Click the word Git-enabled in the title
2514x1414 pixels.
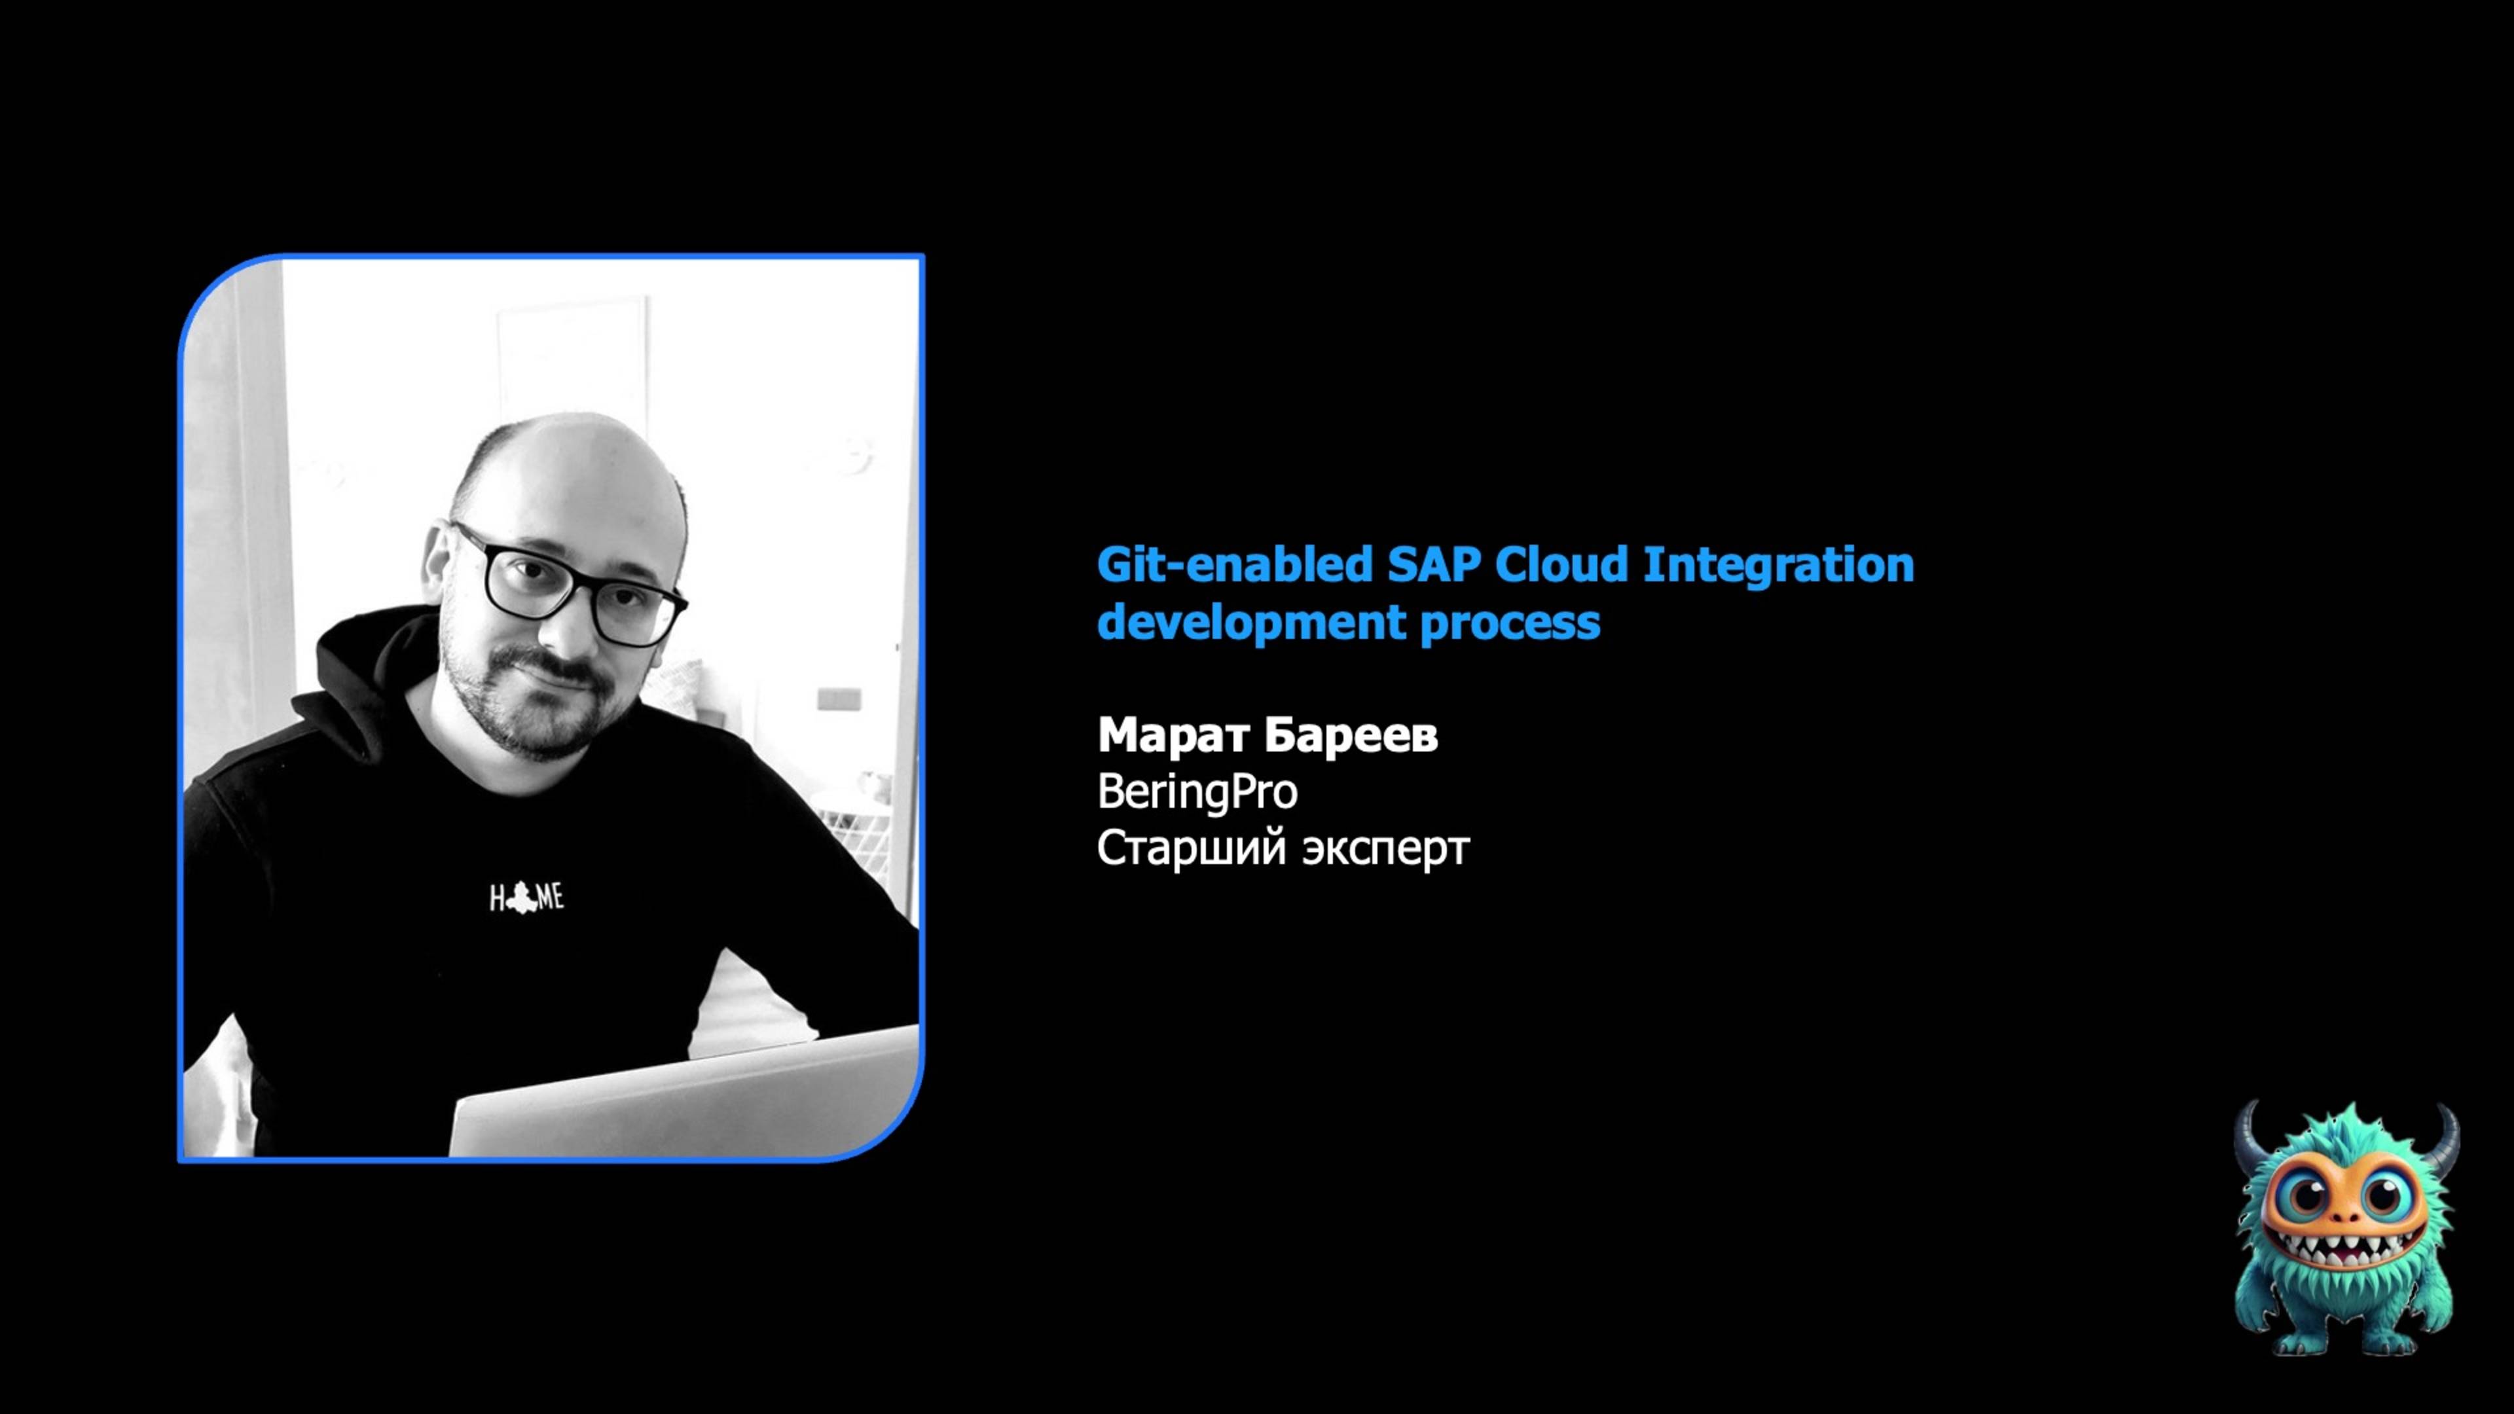coord(1233,564)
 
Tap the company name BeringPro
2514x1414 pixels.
coord(1197,791)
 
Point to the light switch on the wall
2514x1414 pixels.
coord(839,698)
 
